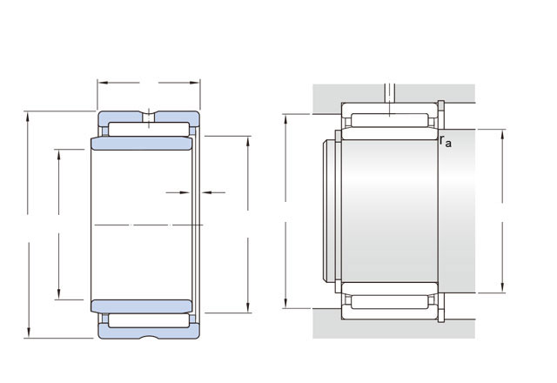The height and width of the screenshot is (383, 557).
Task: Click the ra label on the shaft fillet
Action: [446, 141]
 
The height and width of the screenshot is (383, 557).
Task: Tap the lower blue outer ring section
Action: [149, 331]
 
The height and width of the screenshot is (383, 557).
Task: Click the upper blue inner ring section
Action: [142, 143]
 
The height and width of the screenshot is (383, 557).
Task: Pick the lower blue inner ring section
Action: [142, 306]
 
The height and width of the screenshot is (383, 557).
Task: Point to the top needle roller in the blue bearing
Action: [149, 130]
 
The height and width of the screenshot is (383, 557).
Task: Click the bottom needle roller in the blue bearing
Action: [149, 320]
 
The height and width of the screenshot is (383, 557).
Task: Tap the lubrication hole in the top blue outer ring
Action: [149, 117]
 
